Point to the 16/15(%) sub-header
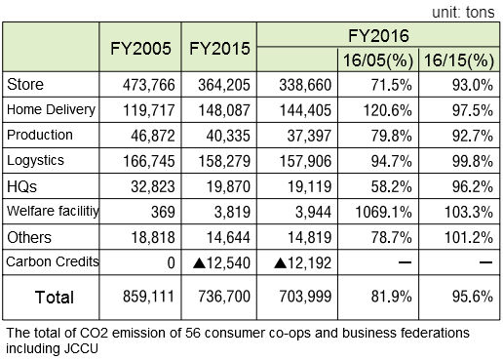pos(457,60)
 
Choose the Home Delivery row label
pos(47,110)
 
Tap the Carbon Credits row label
pos(48,261)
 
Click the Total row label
pos(54,295)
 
